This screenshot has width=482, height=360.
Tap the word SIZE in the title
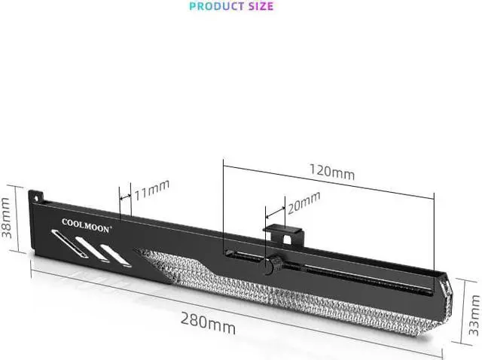coord(256,6)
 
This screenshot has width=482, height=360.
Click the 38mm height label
coord(7,218)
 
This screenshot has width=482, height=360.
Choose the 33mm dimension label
coord(474,316)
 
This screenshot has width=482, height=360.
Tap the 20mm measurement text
coord(304,201)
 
